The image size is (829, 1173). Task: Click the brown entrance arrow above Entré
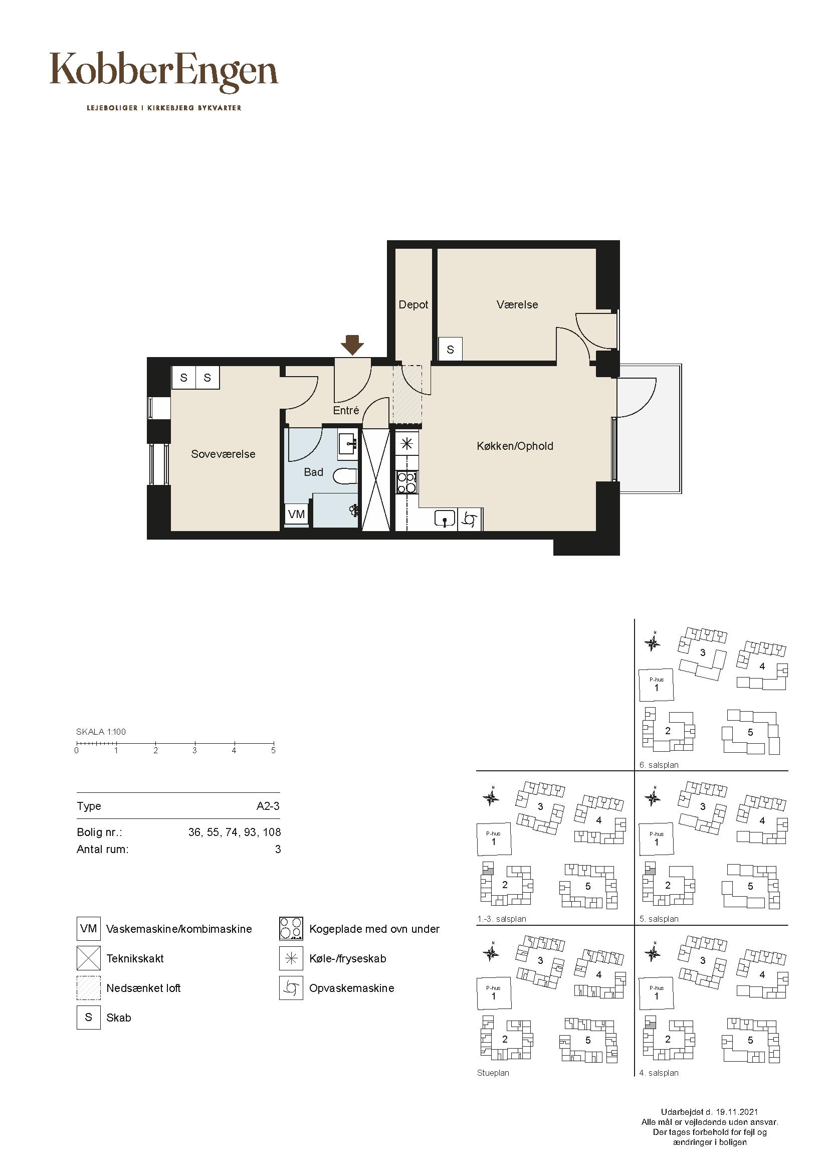click(x=352, y=345)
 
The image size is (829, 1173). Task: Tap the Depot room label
click(x=413, y=304)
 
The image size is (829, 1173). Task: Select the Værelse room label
click(x=517, y=304)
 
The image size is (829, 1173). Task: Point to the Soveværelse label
click(x=223, y=454)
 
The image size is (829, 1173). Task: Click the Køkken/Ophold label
click(x=515, y=446)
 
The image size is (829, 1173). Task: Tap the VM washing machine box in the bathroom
click(x=297, y=514)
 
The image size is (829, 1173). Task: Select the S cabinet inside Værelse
click(x=450, y=350)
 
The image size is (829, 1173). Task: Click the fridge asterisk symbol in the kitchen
click(x=407, y=443)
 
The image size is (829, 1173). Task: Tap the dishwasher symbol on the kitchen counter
click(x=470, y=520)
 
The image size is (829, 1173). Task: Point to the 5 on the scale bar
click(x=273, y=751)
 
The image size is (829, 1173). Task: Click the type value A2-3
click(x=268, y=806)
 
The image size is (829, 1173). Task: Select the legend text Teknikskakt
click(x=135, y=958)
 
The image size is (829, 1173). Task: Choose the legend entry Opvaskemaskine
click(x=352, y=988)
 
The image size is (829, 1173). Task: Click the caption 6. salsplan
click(x=659, y=765)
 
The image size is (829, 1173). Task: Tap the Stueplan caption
click(x=493, y=1073)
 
